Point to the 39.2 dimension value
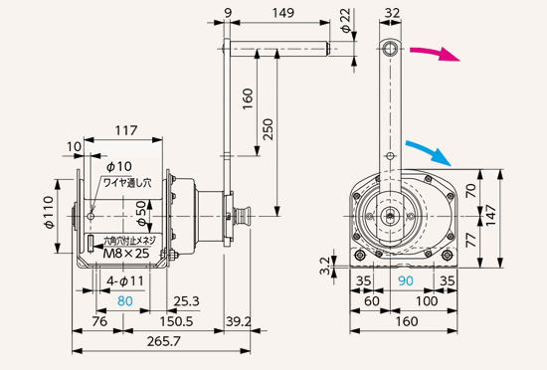coord(239,321)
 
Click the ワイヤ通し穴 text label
coord(129,183)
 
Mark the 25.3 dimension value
coord(183,299)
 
